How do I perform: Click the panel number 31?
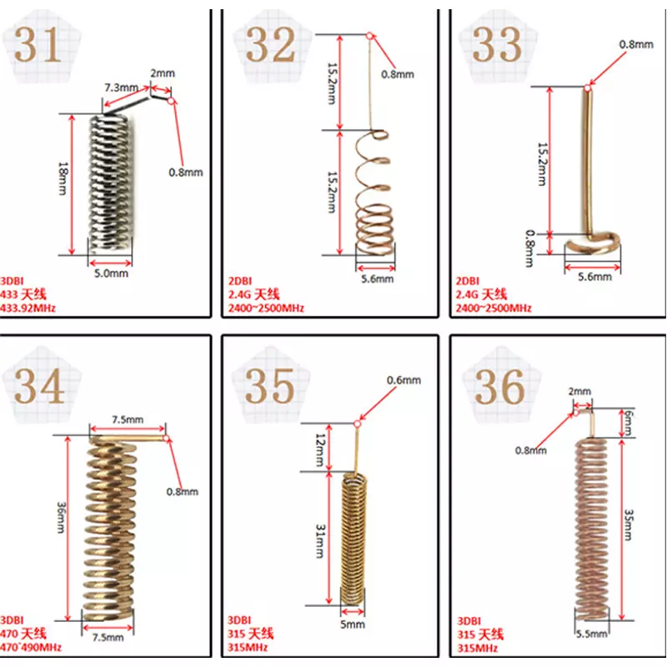pos(38,45)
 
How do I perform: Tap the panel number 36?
pos(499,387)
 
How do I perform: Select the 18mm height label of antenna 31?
pos(63,178)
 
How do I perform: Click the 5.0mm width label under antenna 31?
pos(111,273)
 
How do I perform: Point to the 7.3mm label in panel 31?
pos(122,88)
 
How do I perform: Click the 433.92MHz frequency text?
pos(28,308)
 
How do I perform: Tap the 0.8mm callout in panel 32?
pos(398,74)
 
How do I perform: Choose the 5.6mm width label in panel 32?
pos(378,279)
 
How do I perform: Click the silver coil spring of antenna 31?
pos(111,183)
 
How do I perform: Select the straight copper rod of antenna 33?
pos(588,162)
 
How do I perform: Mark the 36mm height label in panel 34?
pos(61,518)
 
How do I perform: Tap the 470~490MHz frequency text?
pos(31,648)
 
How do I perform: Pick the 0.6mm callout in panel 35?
pos(404,380)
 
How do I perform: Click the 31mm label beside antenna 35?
pos(320,541)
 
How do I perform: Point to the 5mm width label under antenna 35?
pos(352,624)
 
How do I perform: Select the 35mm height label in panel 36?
pos(629,525)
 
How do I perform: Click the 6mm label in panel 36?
pos(629,423)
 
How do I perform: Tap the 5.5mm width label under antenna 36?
pos(592,634)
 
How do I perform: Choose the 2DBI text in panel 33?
pos(468,281)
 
